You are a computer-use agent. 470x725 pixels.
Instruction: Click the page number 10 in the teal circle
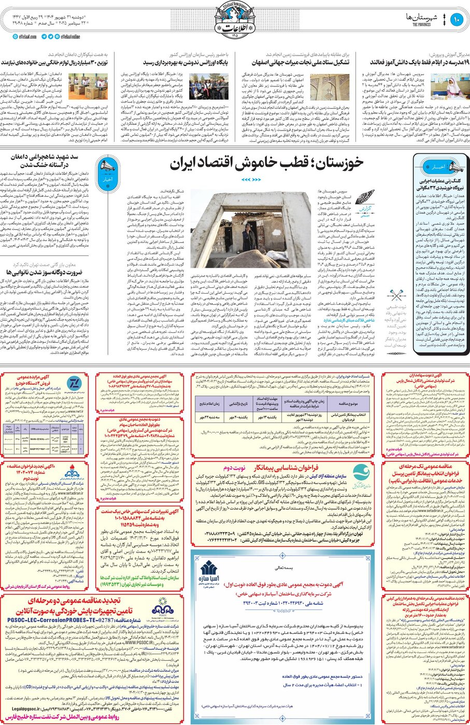coord(457,20)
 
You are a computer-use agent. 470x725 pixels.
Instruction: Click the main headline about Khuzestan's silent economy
coord(266,164)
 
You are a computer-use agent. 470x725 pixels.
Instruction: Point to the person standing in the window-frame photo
coord(249,238)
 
